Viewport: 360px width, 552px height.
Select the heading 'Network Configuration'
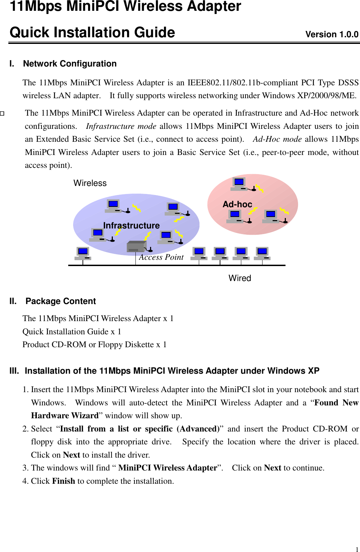[70, 64]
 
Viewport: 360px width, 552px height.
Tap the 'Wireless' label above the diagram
[90, 183]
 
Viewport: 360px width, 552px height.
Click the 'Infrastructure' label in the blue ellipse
[131, 226]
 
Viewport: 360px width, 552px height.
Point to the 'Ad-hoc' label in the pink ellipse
[237, 204]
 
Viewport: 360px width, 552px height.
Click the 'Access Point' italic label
[161, 257]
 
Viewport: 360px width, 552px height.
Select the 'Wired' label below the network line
[240, 278]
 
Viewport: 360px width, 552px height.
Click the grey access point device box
[136, 247]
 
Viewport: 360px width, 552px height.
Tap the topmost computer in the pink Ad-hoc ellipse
[239, 184]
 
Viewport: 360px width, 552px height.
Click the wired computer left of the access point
[83, 253]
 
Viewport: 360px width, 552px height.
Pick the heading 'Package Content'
[61, 301]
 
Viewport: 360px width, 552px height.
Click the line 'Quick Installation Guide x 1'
[72, 332]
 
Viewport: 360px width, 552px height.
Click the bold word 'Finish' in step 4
[63, 481]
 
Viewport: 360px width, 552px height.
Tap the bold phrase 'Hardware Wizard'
[65, 416]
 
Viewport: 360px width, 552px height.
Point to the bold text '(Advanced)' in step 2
[198, 429]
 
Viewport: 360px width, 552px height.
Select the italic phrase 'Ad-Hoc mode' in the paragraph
[277, 139]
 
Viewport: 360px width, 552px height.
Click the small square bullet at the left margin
[2, 114]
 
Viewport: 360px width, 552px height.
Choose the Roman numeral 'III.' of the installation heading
[14, 371]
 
